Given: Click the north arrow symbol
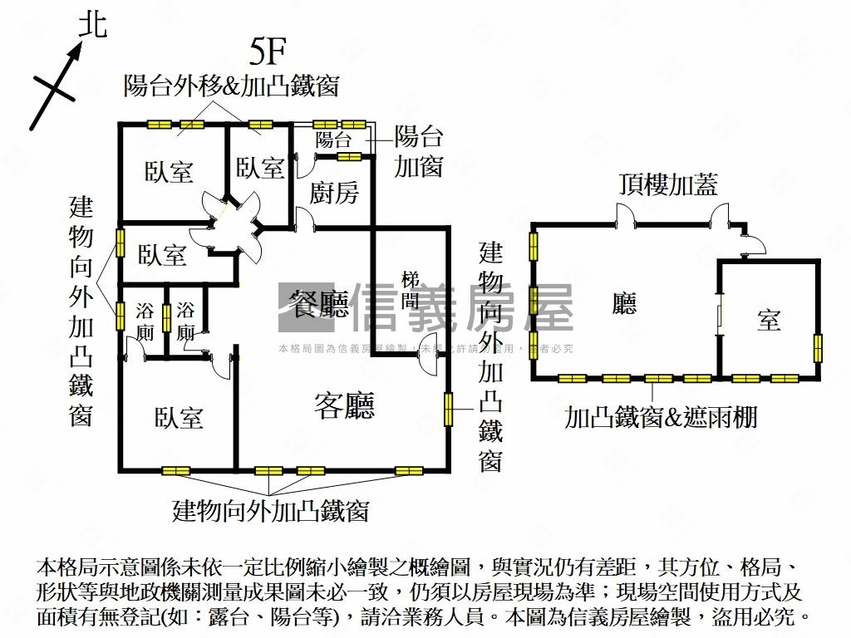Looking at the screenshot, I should point(58,83).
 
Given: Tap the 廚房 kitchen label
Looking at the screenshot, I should point(334,193).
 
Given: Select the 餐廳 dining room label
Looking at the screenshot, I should point(318,305).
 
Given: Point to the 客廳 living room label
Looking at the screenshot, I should point(344,405).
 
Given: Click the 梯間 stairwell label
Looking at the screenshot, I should point(411,289).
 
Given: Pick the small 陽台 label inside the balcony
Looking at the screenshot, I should point(333,140).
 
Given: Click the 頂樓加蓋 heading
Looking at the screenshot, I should point(667,184).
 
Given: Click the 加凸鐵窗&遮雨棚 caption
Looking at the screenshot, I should point(661,416).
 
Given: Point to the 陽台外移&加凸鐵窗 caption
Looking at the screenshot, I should point(231,84).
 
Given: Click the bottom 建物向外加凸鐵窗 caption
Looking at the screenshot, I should point(270,510).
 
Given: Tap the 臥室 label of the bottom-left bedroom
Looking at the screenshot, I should point(179,417).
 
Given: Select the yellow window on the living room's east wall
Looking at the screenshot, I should point(448,409).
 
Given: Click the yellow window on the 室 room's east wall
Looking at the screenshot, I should point(818,347).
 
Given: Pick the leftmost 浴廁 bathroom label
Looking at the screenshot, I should point(145,323).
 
